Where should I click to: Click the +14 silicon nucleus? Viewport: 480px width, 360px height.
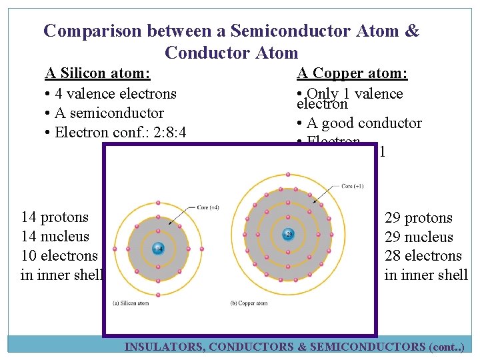pos(158,248)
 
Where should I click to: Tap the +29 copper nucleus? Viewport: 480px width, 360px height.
pos(288,234)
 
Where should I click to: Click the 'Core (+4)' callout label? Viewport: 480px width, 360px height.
pos(208,207)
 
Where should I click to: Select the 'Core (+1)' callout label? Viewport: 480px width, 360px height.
pos(351,186)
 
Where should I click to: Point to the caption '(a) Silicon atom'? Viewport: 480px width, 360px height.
pos(131,303)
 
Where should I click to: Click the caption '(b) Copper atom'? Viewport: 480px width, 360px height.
pos(249,303)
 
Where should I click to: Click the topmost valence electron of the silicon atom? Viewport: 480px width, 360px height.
pos(158,202)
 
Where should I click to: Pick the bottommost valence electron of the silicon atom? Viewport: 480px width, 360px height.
pos(158,294)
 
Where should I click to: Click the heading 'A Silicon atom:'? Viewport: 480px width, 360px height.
pos(97,73)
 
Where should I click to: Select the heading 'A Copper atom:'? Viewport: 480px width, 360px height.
pos(352,73)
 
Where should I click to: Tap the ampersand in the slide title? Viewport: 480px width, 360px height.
pos(412,31)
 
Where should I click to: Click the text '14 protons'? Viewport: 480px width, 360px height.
pos(55,217)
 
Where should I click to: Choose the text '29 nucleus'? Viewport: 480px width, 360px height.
pos(419,237)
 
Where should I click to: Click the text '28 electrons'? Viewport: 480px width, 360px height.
pos(423,256)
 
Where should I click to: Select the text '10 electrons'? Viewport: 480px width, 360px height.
pos(59,256)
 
